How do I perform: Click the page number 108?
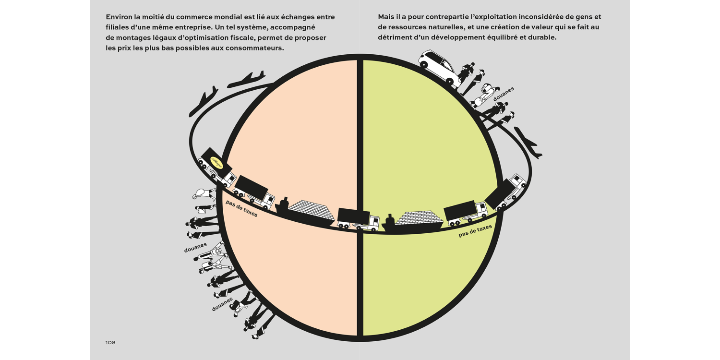point(110,343)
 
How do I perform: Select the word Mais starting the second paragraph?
point(386,17)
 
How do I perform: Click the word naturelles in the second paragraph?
point(442,27)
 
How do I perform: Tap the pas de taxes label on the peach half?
point(241,208)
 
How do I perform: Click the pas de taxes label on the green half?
point(475,231)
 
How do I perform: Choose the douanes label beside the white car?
point(504,94)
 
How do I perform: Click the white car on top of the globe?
point(439,67)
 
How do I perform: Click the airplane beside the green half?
point(528,143)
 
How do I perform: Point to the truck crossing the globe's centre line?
point(358,219)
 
